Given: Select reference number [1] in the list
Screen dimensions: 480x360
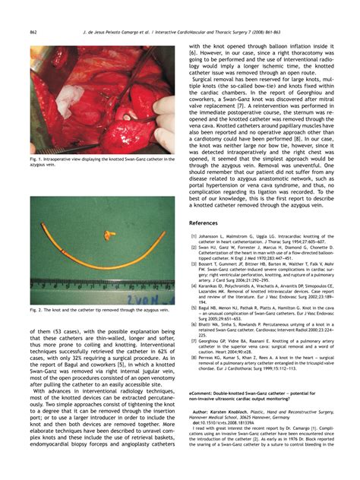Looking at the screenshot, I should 194,236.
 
